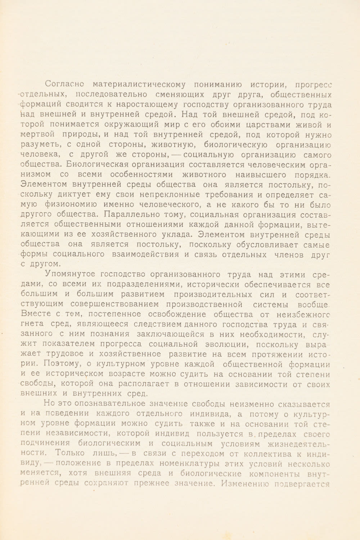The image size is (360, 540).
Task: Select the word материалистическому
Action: tap(139, 85)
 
